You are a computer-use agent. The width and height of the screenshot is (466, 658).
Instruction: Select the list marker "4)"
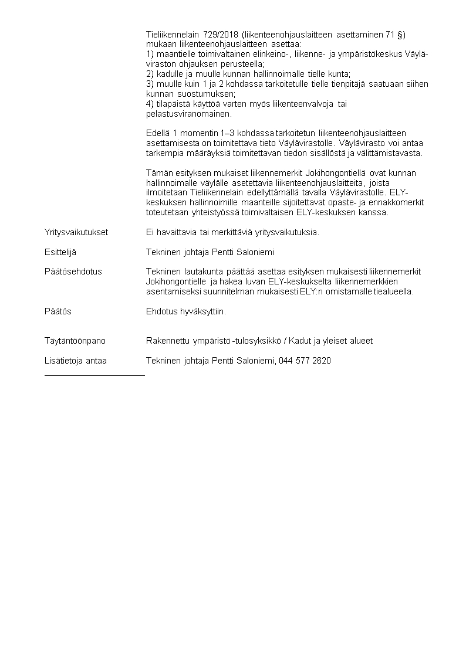click(x=150, y=104)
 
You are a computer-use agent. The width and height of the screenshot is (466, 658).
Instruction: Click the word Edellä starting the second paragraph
click(x=158, y=134)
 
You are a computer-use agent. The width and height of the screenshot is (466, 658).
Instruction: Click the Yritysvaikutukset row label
click(x=76, y=232)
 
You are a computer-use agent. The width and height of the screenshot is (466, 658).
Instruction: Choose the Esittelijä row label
click(x=60, y=252)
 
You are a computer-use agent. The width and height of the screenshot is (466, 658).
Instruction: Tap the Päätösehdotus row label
click(x=73, y=272)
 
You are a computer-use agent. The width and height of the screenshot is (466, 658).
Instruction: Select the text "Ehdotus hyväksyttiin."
click(x=186, y=311)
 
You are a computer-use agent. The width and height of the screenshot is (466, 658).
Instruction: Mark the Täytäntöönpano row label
click(x=75, y=341)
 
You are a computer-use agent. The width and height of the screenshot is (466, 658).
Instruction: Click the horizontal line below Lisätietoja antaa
click(x=94, y=374)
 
